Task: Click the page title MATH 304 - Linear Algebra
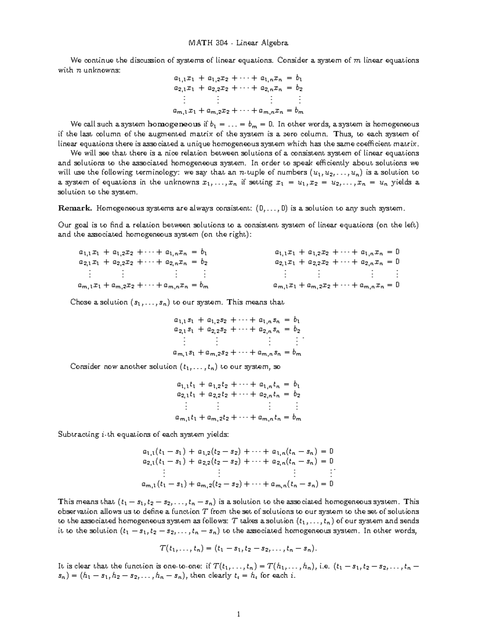point(238,43)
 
